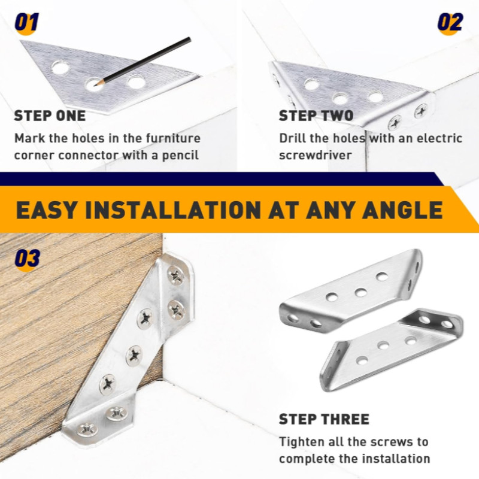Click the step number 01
(x=27, y=22)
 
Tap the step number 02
(x=450, y=22)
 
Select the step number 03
(x=28, y=259)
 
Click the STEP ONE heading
(x=50, y=116)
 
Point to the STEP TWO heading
(x=316, y=116)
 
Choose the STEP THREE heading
(x=324, y=419)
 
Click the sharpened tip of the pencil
(x=95, y=84)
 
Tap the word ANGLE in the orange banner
(x=402, y=210)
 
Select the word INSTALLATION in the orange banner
(x=173, y=210)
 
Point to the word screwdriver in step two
(x=316, y=156)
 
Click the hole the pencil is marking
(x=94, y=84)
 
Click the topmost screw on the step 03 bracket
(x=176, y=275)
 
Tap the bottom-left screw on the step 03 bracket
(x=87, y=429)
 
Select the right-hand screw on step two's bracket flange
(x=421, y=111)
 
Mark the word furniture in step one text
(x=173, y=138)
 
